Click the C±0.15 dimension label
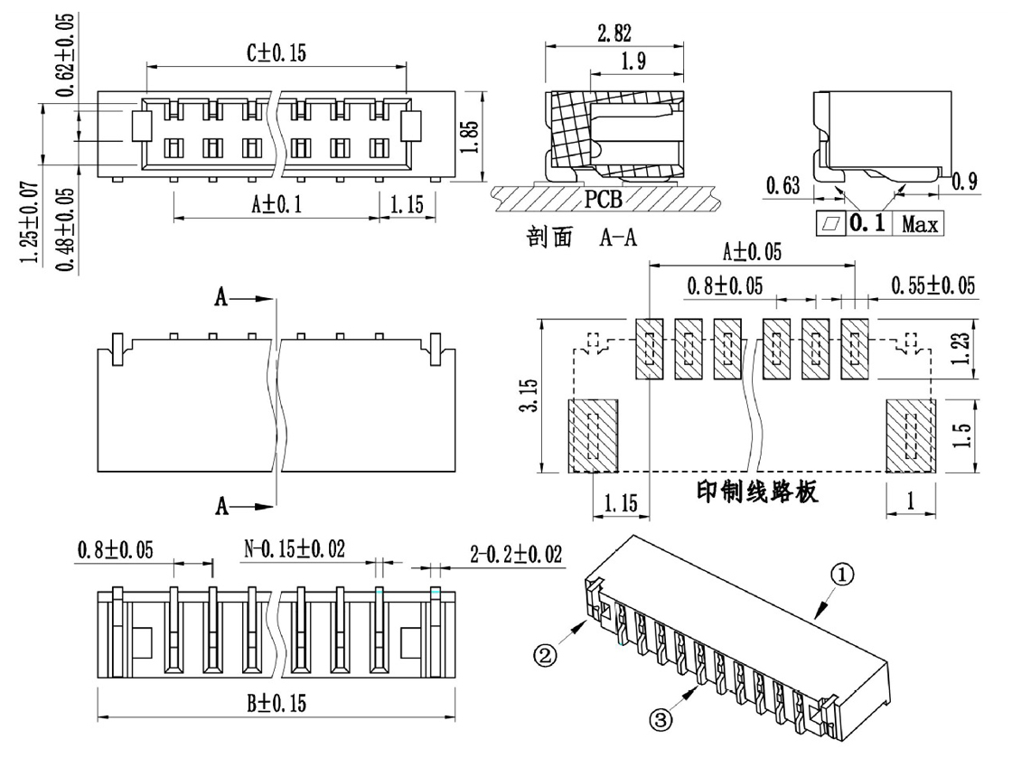click(276, 53)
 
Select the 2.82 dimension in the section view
click(614, 33)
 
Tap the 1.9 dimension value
click(633, 61)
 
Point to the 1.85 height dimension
click(471, 136)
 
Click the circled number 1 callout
click(842, 574)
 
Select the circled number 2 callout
click(545, 656)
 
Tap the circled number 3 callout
click(661, 719)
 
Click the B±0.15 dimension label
click(276, 703)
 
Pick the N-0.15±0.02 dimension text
click(295, 549)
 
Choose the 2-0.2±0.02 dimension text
click(516, 554)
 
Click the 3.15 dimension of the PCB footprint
click(529, 395)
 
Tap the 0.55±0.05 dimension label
click(932, 285)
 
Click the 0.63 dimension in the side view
click(782, 186)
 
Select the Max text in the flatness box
click(920, 224)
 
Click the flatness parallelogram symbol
click(830, 224)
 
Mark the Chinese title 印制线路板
click(757, 491)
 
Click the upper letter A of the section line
click(221, 297)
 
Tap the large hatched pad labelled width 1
click(911, 435)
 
